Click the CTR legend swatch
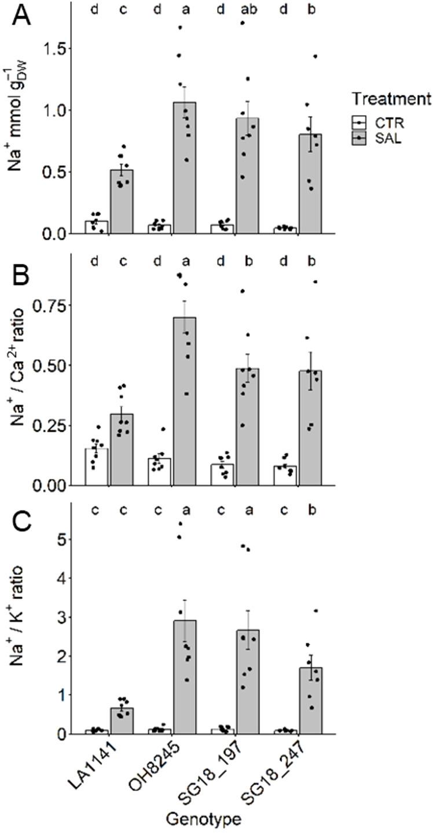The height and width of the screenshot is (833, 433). pos(360,123)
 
